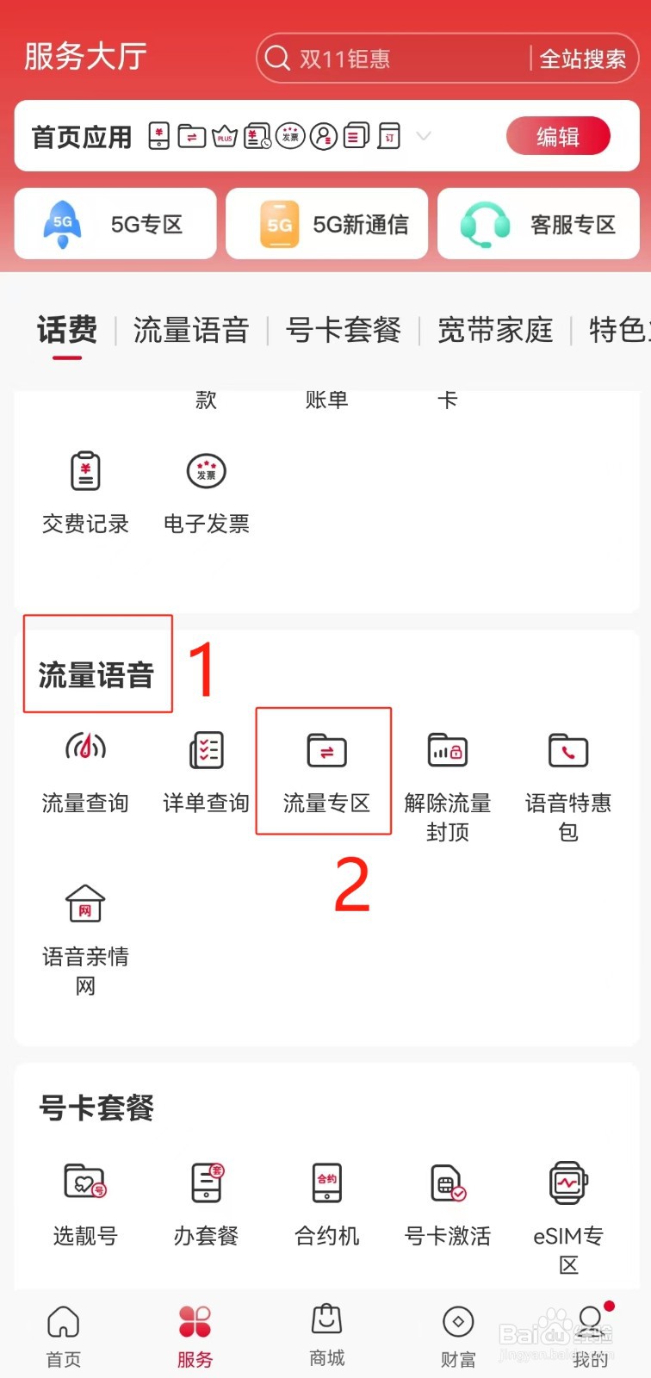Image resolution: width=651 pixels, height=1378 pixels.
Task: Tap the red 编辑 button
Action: (x=558, y=137)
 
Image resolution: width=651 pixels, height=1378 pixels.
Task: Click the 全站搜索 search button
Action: (x=583, y=59)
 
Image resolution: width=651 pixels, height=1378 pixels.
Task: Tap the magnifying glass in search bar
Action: (x=277, y=59)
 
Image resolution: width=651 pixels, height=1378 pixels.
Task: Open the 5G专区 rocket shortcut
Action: (x=63, y=224)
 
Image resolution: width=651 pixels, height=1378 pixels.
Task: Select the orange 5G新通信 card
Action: (x=279, y=224)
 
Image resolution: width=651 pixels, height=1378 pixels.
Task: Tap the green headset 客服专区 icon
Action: (x=485, y=224)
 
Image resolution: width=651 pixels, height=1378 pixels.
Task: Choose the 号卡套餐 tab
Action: (x=343, y=330)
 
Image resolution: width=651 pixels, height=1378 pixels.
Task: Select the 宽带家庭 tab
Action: (x=495, y=330)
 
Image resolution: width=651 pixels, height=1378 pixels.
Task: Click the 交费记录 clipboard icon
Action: (x=85, y=471)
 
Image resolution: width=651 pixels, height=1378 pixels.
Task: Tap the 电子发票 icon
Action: (x=206, y=471)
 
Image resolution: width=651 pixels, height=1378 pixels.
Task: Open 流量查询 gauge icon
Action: (x=85, y=748)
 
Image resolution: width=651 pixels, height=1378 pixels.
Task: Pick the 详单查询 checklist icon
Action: (x=206, y=749)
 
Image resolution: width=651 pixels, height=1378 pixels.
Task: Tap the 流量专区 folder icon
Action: (x=326, y=750)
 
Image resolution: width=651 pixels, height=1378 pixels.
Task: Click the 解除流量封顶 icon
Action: (x=447, y=750)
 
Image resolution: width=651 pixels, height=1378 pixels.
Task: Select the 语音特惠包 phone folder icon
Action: (x=567, y=750)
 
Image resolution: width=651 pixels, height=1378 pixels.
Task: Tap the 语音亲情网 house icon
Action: (x=85, y=904)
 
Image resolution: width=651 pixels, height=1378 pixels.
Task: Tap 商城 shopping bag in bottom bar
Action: (x=326, y=1319)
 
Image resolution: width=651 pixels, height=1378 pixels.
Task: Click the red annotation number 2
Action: (x=351, y=885)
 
